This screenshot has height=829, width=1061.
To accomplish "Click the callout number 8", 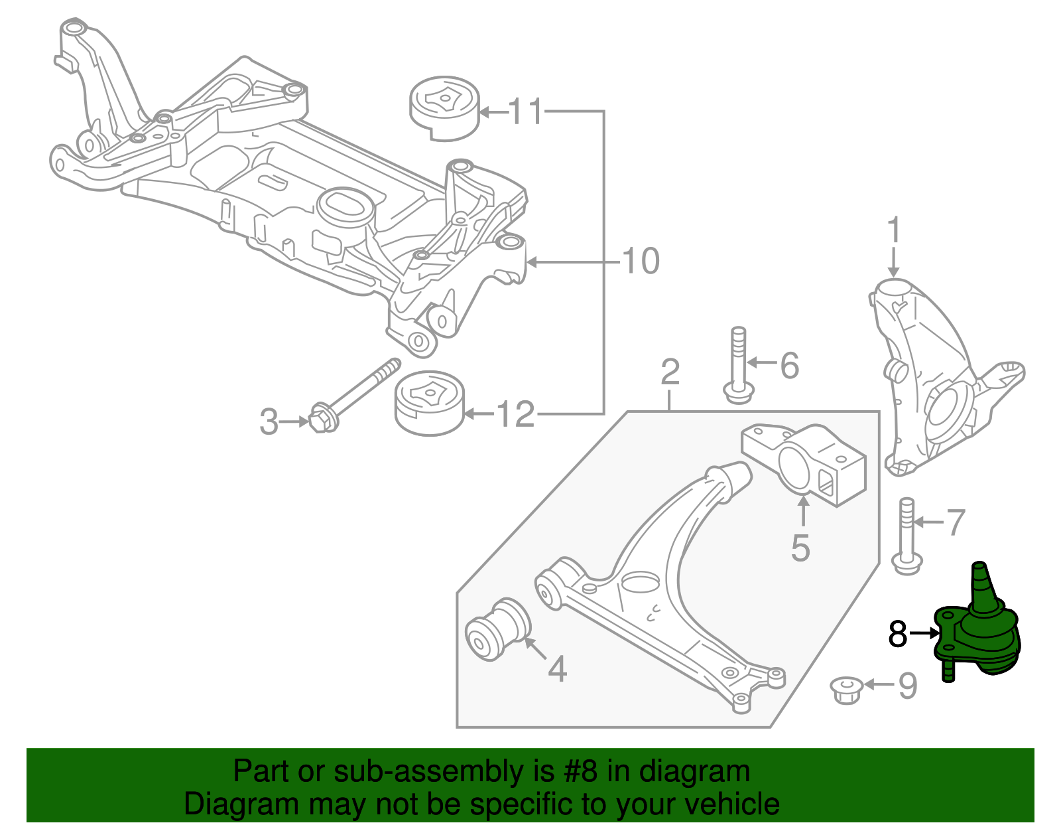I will coord(898,634).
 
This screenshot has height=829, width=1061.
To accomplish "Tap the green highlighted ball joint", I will coord(981,631).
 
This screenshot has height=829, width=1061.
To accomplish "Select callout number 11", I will coord(527,112).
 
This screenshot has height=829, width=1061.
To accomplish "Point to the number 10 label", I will coord(641,261).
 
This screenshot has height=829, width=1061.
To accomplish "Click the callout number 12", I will coord(515,415).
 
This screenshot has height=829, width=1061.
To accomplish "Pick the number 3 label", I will coord(269,421).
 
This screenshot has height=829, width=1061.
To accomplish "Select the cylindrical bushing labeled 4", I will coord(499,629).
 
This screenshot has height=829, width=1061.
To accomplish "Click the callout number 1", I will coord(894,230).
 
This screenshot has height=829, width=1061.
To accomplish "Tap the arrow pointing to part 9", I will coord(878,684).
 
